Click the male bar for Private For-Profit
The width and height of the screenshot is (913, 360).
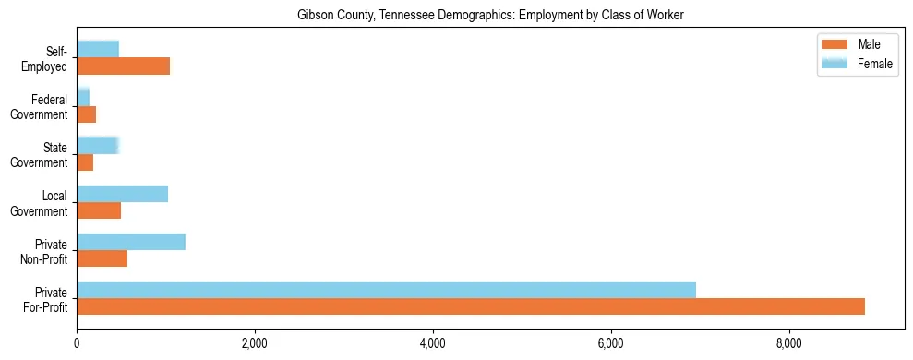[x=471, y=306]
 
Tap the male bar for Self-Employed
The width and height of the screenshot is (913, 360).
[x=123, y=66]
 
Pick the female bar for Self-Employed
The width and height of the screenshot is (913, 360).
[x=98, y=49]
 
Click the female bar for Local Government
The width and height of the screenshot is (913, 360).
[x=122, y=193]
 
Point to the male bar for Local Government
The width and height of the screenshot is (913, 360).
[x=99, y=210]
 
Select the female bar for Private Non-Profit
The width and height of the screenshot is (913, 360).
[x=131, y=242]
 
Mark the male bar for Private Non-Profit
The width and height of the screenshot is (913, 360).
[x=102, y=258]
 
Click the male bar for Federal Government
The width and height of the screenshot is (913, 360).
[x=86, y=114]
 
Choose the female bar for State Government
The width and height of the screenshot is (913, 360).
[x=98, y=145]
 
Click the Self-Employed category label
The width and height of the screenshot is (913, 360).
[x=48, y=58]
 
